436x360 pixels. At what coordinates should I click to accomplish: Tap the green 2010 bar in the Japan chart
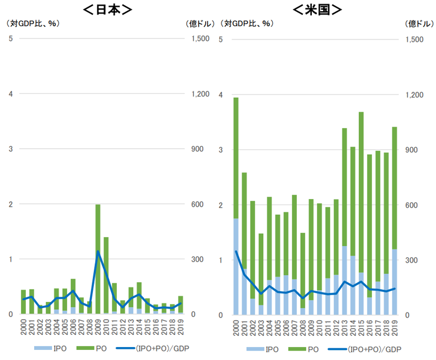pos(106,274)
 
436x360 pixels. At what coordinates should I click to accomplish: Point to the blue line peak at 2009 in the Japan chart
pos(98,252)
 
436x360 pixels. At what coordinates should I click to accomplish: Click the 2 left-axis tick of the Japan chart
pos(10,204)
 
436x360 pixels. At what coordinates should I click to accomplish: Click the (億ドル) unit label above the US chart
pos(419,23)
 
